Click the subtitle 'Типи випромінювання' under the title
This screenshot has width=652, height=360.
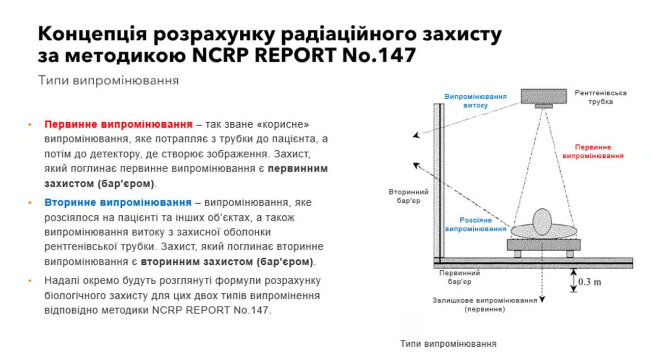[x=108, y=80]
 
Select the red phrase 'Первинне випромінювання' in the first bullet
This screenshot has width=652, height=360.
[x=118, y=124]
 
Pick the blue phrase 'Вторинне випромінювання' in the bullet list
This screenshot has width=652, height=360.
[x=118, y=202]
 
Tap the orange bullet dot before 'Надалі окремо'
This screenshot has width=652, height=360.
[x=30, y=281]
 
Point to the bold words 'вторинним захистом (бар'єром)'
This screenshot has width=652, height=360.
[x=227, y=262]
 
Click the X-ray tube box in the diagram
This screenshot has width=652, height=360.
[x=544, y=96]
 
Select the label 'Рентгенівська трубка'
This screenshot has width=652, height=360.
[x=601, y=97]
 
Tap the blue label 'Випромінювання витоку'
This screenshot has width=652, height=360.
[x=475, y=101]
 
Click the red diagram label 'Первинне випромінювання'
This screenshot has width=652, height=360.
[x=592, y=152]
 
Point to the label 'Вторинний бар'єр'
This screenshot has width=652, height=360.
[x=409, y=196]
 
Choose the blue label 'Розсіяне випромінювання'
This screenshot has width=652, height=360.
[x=476, y=225]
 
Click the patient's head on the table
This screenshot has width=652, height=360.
[x=542, y=222]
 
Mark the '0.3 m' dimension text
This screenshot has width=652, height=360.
[x=589, y=282]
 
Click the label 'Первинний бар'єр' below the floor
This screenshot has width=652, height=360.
[x=459, y=277]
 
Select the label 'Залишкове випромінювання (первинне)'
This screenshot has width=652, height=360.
[x=484, y=304]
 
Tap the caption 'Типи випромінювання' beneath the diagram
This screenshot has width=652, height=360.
[x=448, y=344]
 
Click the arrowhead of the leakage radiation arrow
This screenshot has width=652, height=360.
[x=417, y=135]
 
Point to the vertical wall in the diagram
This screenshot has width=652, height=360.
[x=439, y=180]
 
